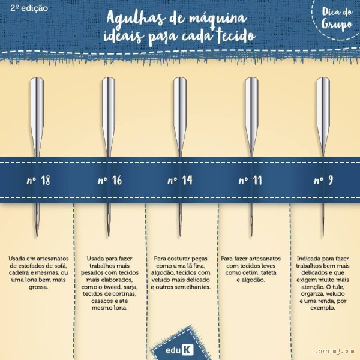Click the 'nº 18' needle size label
(37, 179)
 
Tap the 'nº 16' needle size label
(109, 179)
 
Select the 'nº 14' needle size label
(180, 179)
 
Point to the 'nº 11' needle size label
(251, 179)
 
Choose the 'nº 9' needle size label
(323, 179)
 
